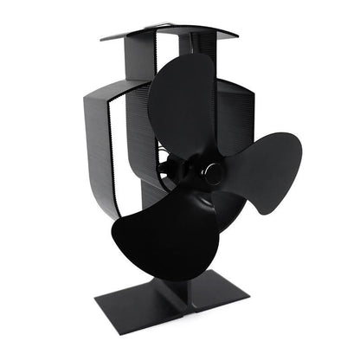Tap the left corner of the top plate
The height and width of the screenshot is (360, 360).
click(x=102, y=38)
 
